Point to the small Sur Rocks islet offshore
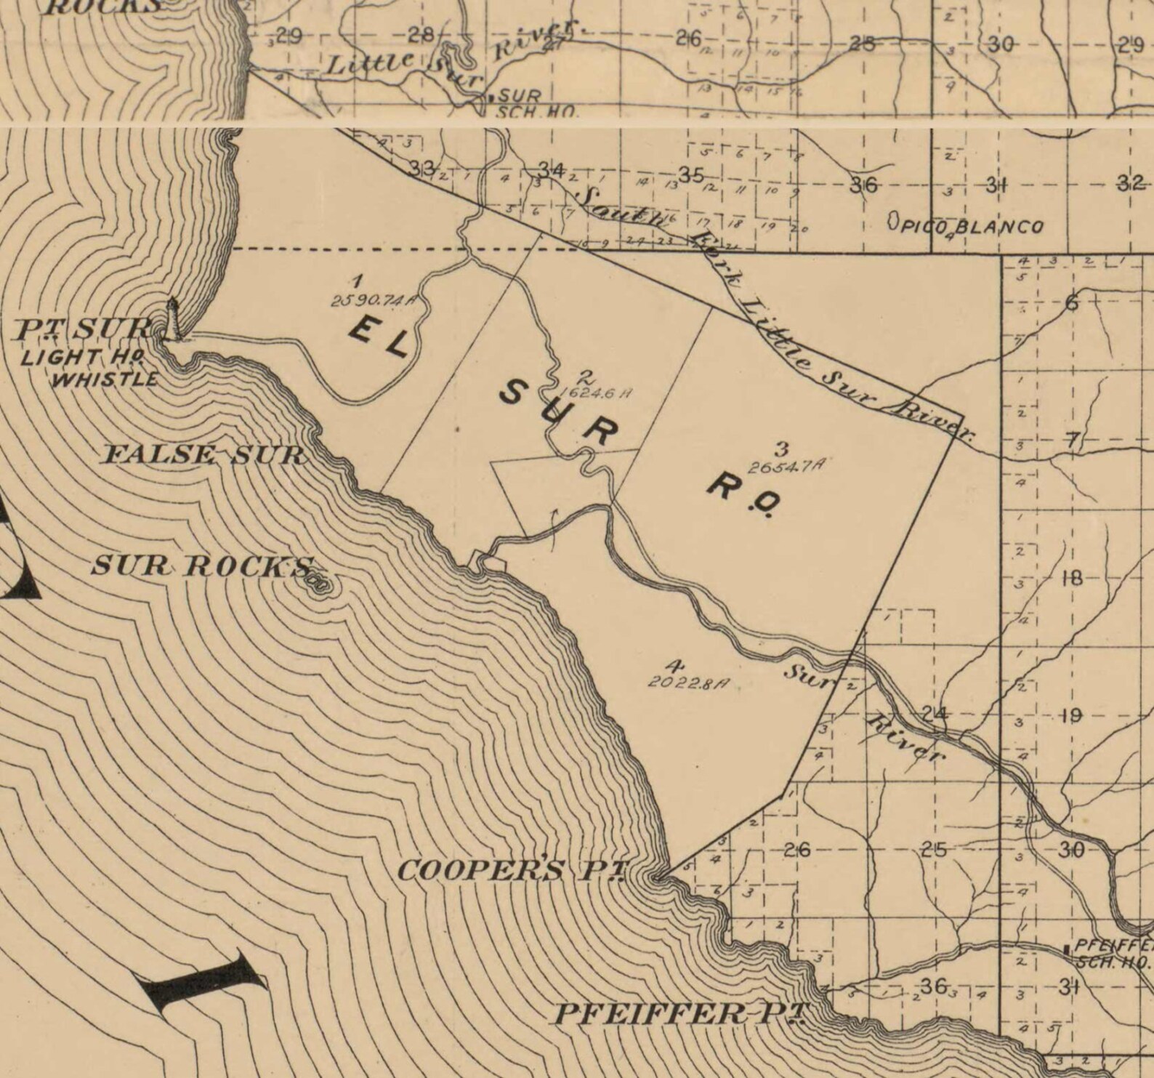click(318, 584)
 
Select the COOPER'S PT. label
click(512, 870)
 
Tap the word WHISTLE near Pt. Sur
click(106, 379)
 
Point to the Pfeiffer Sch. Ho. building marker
click(1065, 949)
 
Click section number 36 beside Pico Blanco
click(863, 185)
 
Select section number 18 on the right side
click(1071, 579)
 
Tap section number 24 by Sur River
click(935, 713)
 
